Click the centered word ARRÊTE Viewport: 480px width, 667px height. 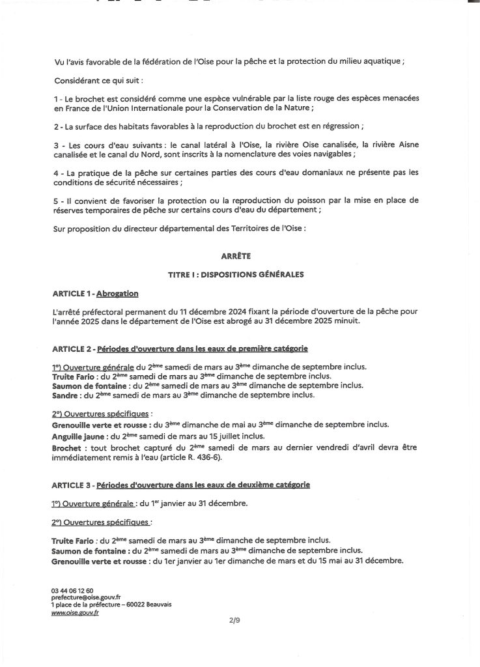(x=239, y=257)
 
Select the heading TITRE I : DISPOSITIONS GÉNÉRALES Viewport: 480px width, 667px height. (x=239, y=274)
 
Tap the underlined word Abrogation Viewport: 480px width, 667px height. (x=117, y=293)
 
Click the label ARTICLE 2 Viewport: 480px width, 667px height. (x=71, y=349)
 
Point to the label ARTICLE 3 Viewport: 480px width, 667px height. (x=71, y=485)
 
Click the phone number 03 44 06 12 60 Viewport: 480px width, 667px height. (x=72, y=590)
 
